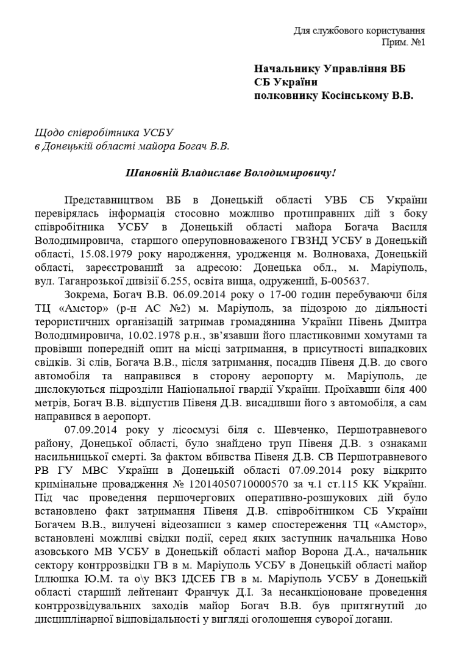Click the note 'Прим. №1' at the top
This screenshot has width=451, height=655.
(403, 42)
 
